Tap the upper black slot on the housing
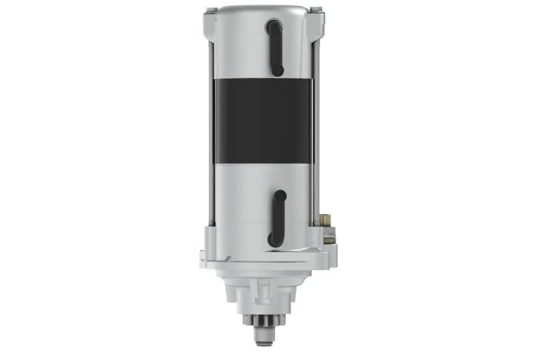tap(274, 47)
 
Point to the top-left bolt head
tap(211, 11)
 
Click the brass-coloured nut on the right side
tap(326, 218)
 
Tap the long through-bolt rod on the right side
tap(316, 120)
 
